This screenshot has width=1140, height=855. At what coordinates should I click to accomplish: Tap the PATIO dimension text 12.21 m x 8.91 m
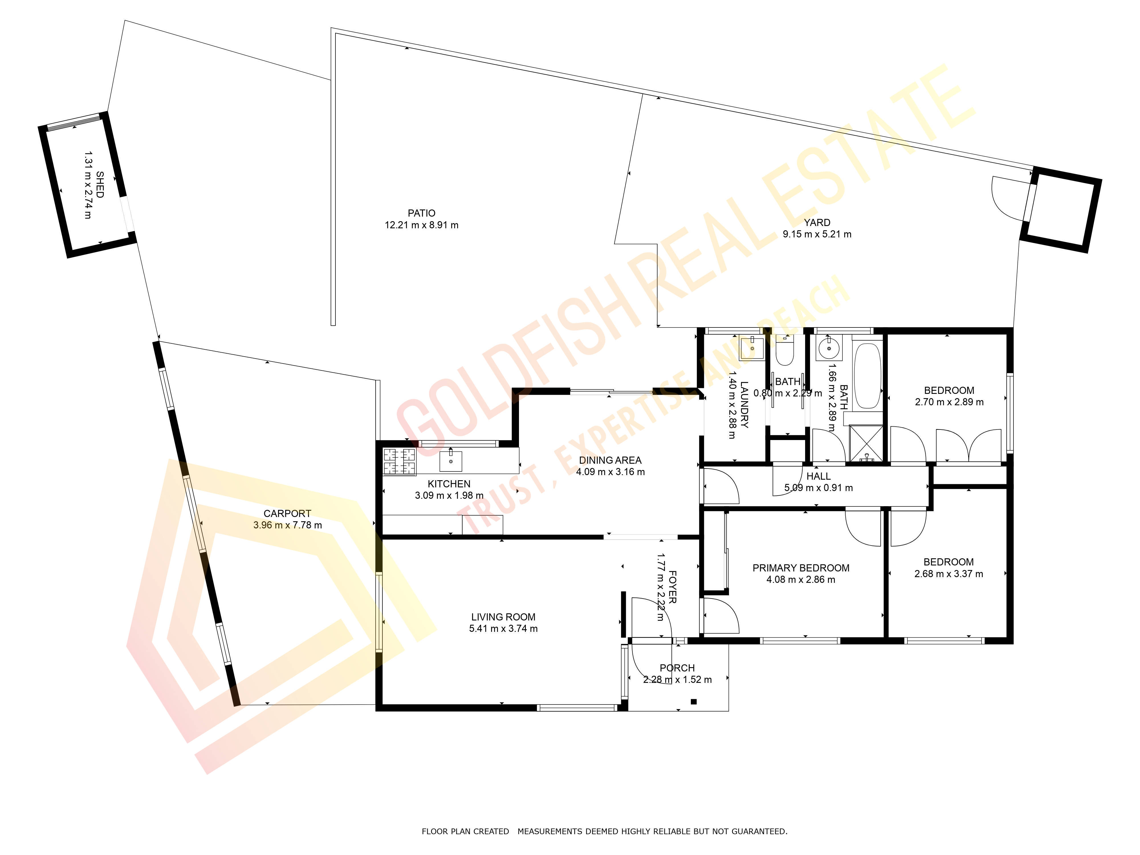[x=422, y=225]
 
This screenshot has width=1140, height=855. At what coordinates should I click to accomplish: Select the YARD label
[x=817, y=223]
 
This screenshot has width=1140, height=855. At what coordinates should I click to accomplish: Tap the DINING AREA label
[x=610, y=460]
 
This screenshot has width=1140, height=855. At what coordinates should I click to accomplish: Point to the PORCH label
[x=677, y=668]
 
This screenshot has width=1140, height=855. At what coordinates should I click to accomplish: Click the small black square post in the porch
[x=694, y=701]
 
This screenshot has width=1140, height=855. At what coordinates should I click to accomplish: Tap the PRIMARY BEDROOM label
[x=801, y=568]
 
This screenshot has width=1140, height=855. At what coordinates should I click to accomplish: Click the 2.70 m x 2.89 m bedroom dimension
[x=949, y=402]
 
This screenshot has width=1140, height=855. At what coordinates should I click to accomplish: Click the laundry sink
[x=752, y=348]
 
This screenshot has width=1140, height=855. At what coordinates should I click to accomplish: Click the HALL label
[x=819, y=476]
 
